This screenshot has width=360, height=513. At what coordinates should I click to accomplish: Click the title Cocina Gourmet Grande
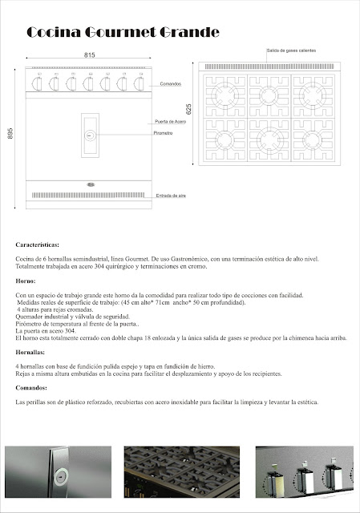point(123,33)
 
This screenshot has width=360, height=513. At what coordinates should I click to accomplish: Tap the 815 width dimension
point(90,55)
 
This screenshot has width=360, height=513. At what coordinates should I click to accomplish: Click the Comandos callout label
point(169,83)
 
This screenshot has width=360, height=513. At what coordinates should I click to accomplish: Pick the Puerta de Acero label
point(170,121)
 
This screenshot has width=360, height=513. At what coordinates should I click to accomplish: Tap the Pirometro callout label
point(164,132)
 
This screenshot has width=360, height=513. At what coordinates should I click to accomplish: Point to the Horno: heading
point(26,281)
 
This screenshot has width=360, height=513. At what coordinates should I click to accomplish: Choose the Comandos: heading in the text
point(31,387)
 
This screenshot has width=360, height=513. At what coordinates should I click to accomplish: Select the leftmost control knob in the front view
point(38,83)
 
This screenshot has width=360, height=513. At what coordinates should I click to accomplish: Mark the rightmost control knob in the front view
point(140,83)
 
